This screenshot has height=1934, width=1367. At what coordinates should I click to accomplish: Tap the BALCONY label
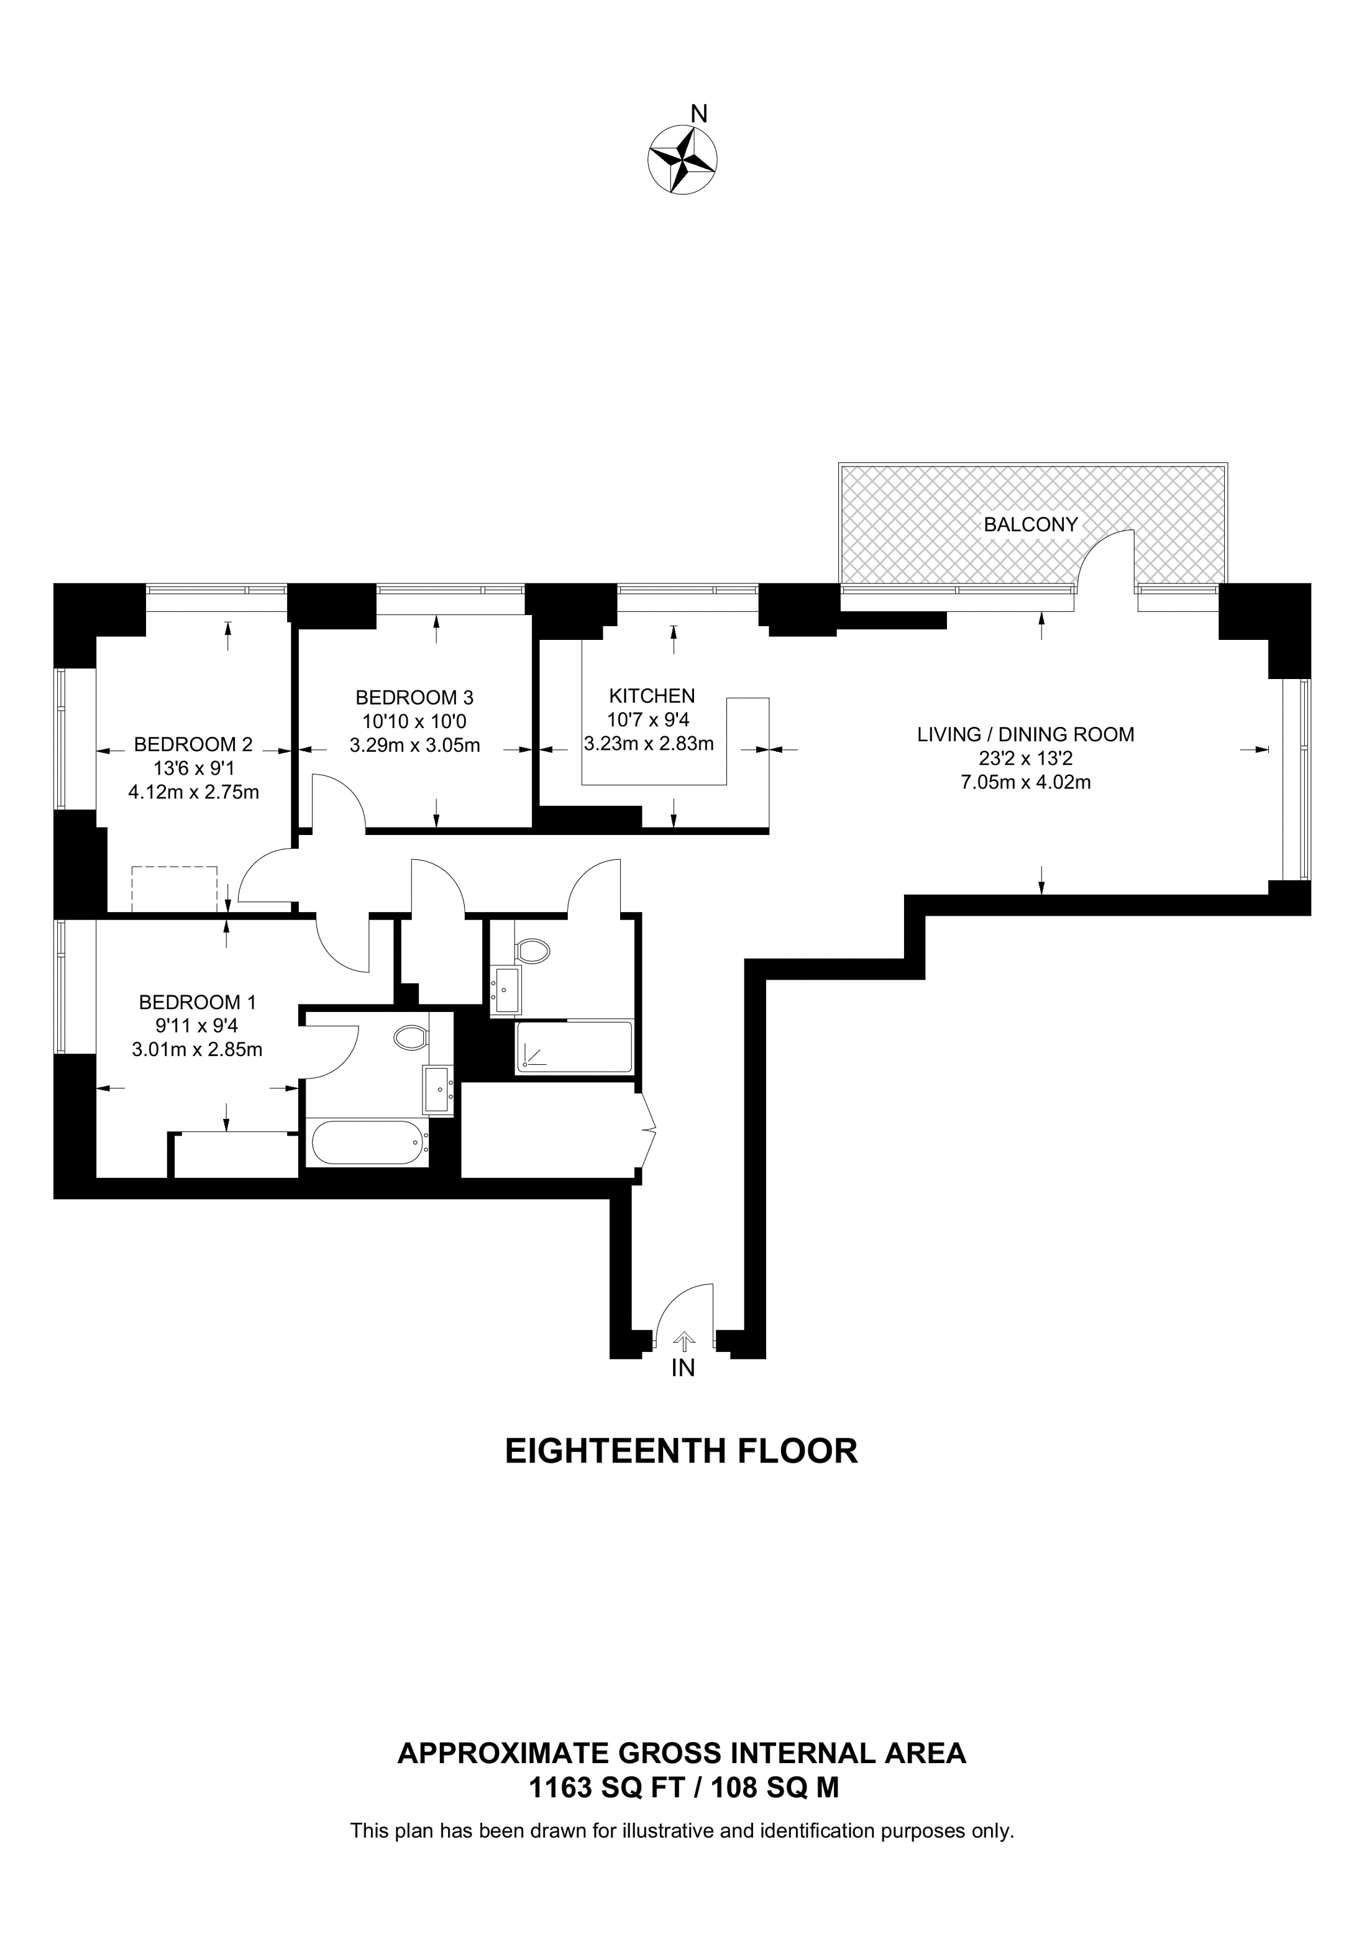(1031, 525)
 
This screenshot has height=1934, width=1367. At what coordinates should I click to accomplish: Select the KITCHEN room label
(652, 696)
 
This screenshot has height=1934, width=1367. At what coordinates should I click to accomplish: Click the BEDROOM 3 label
(414, 698)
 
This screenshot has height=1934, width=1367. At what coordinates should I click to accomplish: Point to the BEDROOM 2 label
(193, 745)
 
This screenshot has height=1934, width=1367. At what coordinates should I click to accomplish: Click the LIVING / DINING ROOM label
(1026, 734)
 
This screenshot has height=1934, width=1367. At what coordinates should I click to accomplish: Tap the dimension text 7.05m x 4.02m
(1026, 783)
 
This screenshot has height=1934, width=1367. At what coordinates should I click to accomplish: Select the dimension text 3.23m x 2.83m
(649, 744)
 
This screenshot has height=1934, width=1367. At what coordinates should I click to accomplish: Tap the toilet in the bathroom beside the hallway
(533, 951)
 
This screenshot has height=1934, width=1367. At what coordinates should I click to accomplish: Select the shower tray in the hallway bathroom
(574, 1047)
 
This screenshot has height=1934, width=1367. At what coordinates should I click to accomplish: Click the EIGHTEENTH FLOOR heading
(682, 1451)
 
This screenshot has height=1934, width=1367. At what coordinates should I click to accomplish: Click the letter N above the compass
(698, 113)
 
